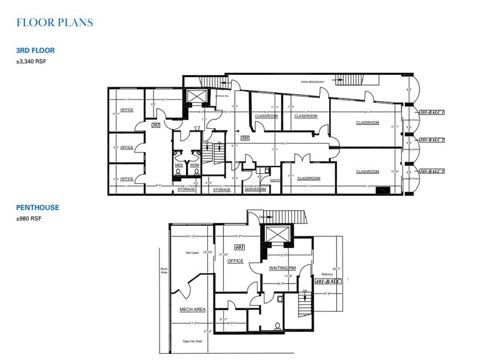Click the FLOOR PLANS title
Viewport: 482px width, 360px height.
pyautogui.click(x=55, y=23)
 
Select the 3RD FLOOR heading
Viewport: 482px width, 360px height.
pyautogui.click(x=37, y=51)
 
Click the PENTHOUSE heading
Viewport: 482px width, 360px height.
pyautogui.click(x=38, y=208)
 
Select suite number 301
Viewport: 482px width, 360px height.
pyautogui.click(x=244, y=138)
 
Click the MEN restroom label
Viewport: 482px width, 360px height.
pyautogui.click(x=179, y=165)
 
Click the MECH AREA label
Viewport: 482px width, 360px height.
pyautogui.click(x=193, y=310)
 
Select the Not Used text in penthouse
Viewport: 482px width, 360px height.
pyautogui.click(x=193, y=252)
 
